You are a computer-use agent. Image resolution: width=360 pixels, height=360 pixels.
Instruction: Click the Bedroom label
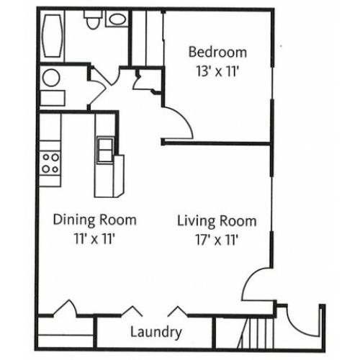point(217,53)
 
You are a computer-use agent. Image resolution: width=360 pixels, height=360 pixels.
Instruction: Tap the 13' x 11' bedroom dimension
point(217,71)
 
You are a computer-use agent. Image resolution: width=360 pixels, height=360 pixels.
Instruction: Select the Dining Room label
point(95,220)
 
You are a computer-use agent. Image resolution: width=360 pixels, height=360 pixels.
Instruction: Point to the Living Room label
point(217,221)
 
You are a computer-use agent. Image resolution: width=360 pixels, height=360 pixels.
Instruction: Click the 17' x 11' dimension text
point(217,240)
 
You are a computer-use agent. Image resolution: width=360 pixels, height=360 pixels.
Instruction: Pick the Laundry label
point(156,333)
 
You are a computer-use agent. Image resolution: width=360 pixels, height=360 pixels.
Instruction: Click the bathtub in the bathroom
point(52,36)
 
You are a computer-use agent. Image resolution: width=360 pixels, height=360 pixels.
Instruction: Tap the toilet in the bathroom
point(93,19)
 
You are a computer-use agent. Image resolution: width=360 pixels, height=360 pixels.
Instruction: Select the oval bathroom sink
point(117,19)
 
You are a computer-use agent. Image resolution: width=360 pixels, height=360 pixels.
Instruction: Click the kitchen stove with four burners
point(50,163)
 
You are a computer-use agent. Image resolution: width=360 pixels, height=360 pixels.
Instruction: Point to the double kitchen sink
point(105,150)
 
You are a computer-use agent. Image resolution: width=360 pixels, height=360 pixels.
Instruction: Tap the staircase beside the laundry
point(256,333)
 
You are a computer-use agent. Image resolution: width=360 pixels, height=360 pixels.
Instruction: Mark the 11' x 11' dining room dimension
point(94,239)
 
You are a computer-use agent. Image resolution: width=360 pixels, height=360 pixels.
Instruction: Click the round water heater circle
point(51,78)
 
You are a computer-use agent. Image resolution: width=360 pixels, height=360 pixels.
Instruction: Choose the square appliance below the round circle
point(53,98)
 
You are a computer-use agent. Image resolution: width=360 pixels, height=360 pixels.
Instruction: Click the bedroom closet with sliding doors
point(147,38)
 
